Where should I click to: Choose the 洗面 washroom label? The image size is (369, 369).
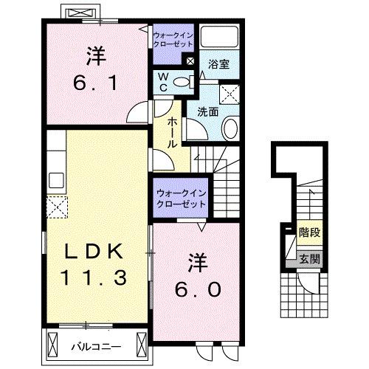(x=207, y=112)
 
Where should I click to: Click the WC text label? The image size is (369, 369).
(x=162, y=81)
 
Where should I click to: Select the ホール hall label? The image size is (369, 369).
(x=172, y=133)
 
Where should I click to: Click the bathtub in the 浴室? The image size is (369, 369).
(x=219, y=40)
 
